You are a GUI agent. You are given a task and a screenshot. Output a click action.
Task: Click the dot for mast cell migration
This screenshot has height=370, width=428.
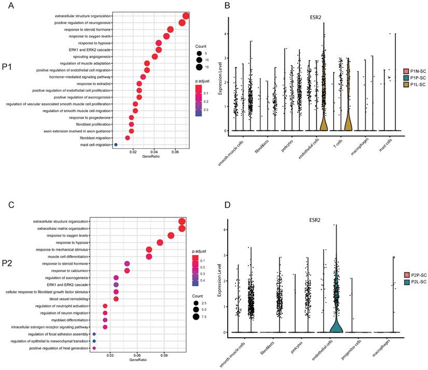click(116, 145)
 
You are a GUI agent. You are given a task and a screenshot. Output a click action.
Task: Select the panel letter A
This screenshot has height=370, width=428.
click(10, 6)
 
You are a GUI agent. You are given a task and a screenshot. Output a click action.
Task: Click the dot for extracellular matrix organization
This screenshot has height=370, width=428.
click(182, 228)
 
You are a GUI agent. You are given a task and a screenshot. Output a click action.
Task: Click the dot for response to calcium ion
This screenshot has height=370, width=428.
click(127, 270)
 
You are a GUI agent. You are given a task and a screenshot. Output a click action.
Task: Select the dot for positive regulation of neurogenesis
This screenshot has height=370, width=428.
click(182, 22)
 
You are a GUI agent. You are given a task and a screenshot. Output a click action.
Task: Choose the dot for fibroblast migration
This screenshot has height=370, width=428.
click(128, 138)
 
